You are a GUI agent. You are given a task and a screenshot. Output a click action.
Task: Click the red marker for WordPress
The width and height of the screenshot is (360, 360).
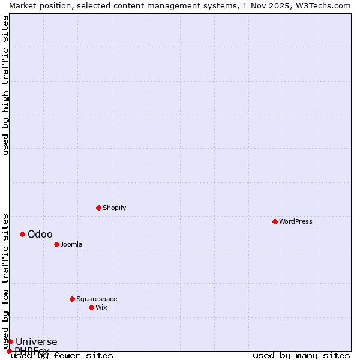[275, 221]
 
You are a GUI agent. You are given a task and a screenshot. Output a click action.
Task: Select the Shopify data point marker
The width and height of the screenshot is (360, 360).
[98, 208]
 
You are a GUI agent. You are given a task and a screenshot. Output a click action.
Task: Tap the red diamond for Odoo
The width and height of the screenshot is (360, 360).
[22, 234]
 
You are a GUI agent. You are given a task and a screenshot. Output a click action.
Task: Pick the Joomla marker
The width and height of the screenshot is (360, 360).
[56, 244]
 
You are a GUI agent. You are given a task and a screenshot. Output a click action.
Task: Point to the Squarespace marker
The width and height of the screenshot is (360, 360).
[72, 299]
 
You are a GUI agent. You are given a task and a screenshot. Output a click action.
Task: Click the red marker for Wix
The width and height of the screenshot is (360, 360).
[91, 307]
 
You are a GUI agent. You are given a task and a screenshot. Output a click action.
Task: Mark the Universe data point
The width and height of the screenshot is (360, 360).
[10, 341]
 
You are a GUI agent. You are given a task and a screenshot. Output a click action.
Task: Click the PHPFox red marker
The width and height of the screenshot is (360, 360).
[9, 351]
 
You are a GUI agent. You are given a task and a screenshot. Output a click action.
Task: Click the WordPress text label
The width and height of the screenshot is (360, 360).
[295, 221]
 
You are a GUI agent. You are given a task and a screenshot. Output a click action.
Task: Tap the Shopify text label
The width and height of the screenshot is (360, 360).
[114, 208]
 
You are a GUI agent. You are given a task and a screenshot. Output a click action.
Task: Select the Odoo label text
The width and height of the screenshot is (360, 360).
[40, 234]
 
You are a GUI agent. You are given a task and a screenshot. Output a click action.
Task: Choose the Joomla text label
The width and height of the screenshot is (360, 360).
[71, 244]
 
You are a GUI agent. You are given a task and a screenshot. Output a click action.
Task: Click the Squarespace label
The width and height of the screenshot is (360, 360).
[97, 299]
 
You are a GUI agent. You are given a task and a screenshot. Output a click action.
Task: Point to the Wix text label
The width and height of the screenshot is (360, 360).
[101, 307]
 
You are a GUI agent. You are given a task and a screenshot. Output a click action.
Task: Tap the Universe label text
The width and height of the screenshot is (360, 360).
[36, 342]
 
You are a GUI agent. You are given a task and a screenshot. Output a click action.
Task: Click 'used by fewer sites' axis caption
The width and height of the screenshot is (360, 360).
[62, 356]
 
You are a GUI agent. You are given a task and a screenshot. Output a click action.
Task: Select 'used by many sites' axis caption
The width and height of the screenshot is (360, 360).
[301, 356]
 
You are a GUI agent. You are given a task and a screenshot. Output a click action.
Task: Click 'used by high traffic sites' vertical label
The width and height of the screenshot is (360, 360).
[5, 85]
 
